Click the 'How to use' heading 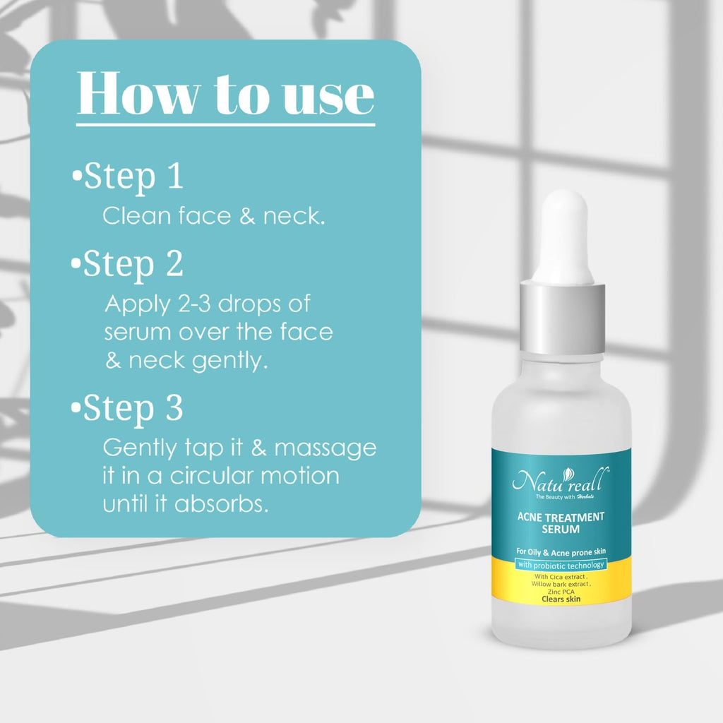(225, 93)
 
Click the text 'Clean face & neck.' (214, 216)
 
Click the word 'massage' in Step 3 (325, 448)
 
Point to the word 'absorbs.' (221, 504)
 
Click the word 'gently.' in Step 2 (229, 361)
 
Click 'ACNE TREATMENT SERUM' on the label (561, 523)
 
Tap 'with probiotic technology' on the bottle (561, 565)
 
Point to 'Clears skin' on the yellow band (561, 599)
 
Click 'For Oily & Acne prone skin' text (561, 551)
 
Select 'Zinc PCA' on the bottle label (561, 592)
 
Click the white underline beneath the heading (225, 124)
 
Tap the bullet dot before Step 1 (78, 176)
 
